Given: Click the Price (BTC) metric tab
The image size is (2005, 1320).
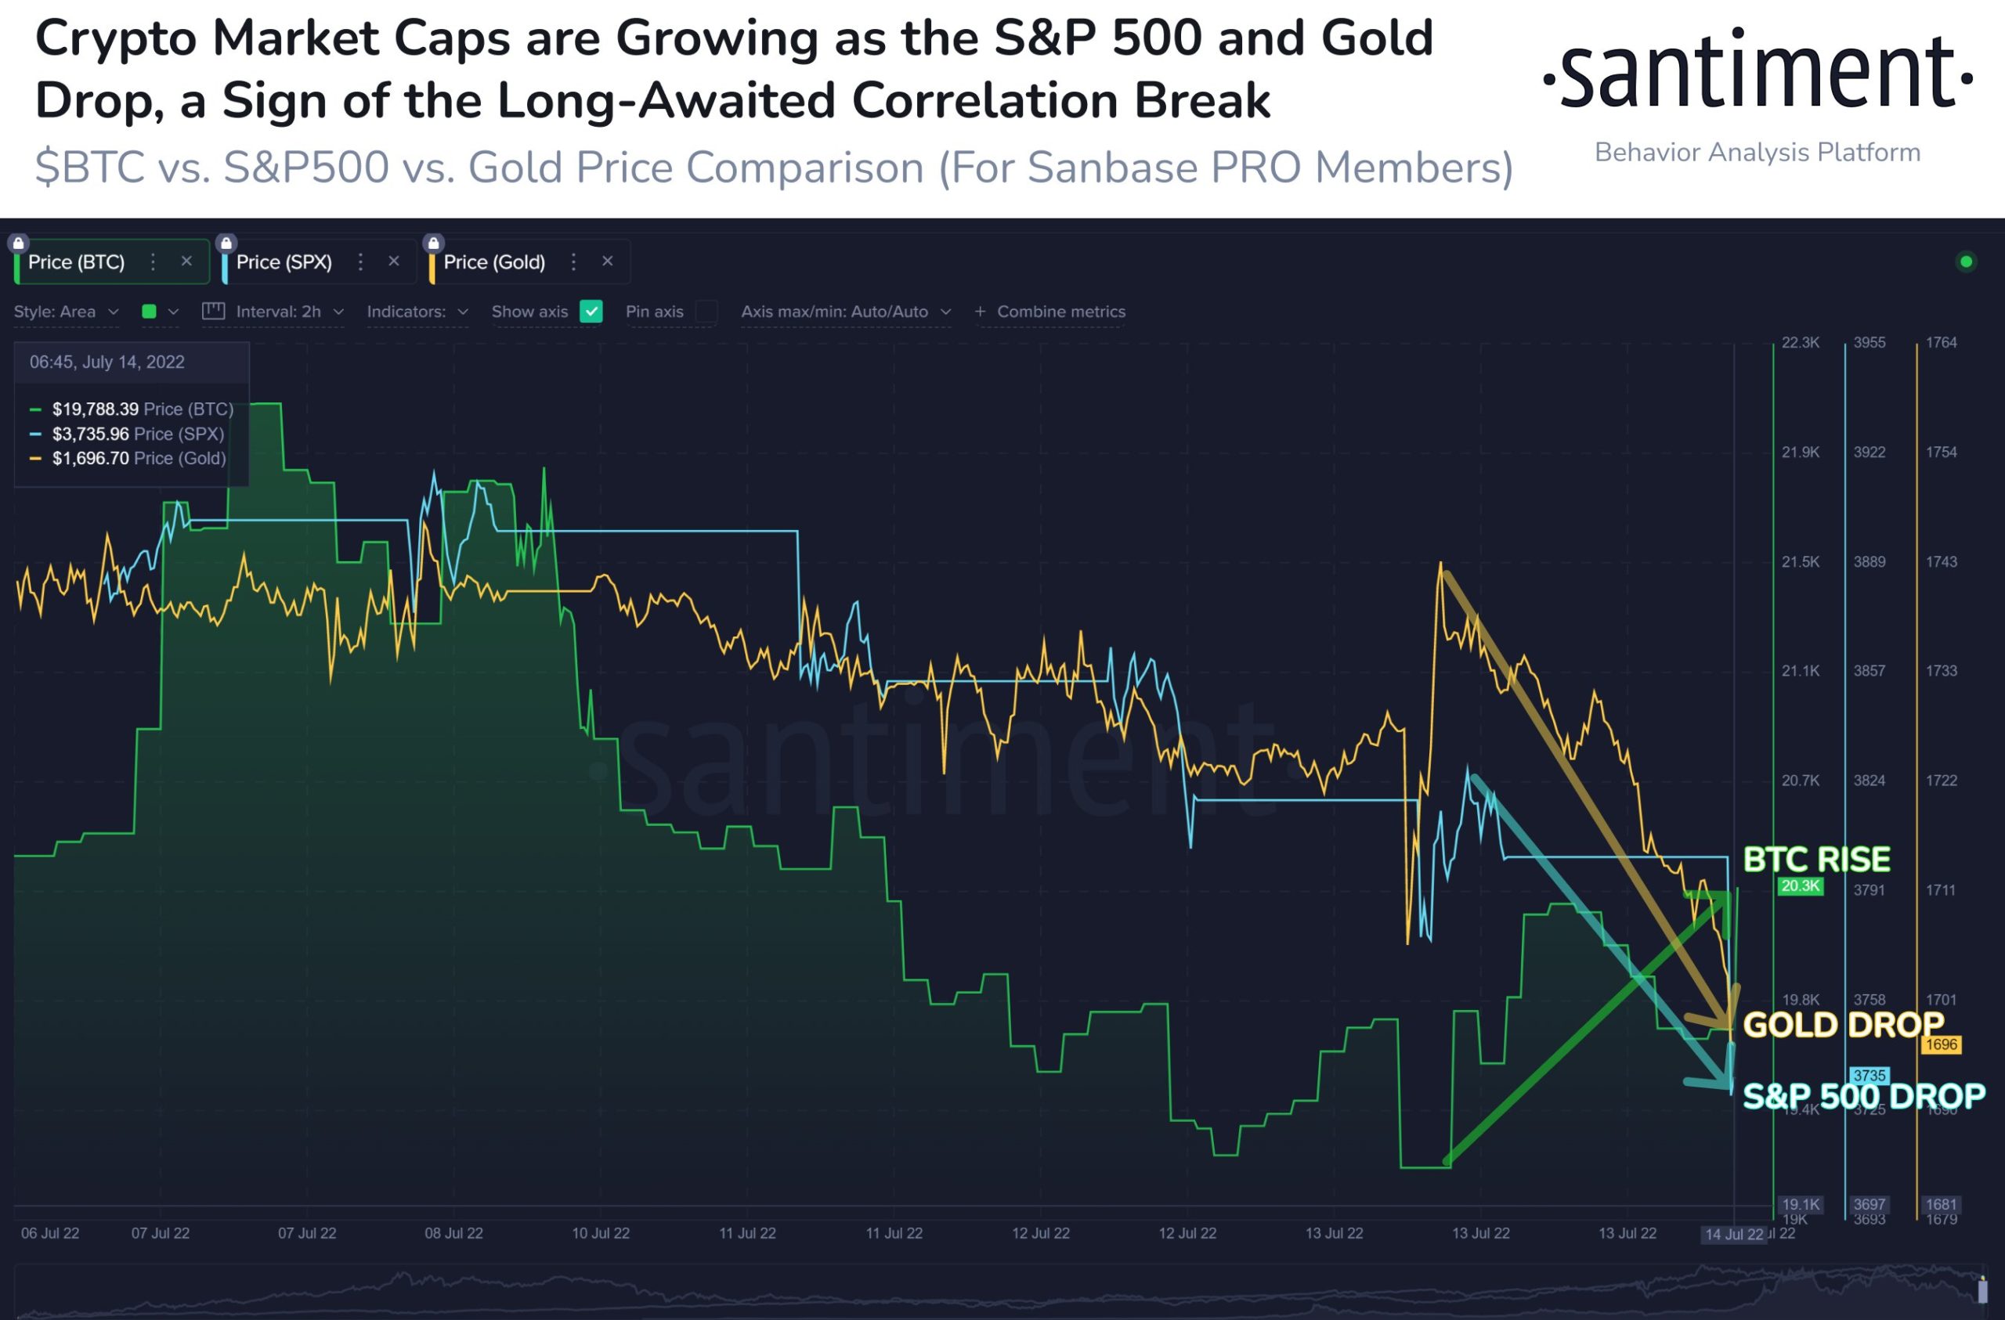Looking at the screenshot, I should [x=76, y=263].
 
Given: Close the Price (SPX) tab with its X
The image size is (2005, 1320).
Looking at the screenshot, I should [x=393, y=262].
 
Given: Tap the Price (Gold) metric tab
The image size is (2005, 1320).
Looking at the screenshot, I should [x=493, y=263].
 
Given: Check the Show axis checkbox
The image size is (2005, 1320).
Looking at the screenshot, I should [x=591, y=312].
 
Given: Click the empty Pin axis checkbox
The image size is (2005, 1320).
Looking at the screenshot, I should [x=706, y=312].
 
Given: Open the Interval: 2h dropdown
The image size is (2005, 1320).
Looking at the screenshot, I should [x=278, y=312].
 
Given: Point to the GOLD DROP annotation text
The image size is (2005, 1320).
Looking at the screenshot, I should [x=1842, y=1025].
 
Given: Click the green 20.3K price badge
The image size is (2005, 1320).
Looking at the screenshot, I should [x=1801, y=886].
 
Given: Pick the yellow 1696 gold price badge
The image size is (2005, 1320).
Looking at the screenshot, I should [x=1941, y=1044].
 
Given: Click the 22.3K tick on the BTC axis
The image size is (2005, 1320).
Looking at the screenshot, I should [x=1801, y=343].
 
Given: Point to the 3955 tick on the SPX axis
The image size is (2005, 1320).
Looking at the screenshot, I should [x=1870, y=343].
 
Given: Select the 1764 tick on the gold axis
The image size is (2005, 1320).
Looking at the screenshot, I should [x=1941, y=343].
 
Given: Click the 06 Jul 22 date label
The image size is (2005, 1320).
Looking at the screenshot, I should [x=51, y=1233].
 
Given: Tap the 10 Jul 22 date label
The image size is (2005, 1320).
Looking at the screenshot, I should [x=601, y=1233].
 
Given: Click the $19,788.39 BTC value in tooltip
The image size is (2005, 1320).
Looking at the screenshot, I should [x=96, y=409].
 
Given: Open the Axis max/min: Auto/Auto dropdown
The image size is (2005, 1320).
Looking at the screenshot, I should [x=845, y=312].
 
